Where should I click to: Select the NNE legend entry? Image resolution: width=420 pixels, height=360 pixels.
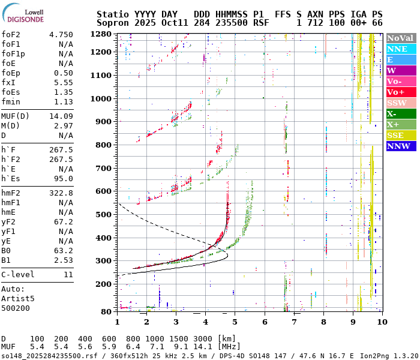pyautogui.click(x=401, y=49)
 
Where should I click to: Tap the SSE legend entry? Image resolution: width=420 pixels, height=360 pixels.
pyautogui.click(x=401, y=135)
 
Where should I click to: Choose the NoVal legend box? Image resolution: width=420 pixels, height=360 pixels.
pyautogui.click(x=401, y=38)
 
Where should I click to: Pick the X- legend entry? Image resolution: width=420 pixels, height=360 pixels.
pyautogui.click(x=401, y=113)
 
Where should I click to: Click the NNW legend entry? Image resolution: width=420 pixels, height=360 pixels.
pyautogui.click(x=401, y=146)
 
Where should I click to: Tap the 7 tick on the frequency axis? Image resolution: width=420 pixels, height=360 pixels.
pyautogui.click(x=294, y=322)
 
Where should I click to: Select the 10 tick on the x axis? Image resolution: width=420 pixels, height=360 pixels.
pyautogui.click(x=380, y=322)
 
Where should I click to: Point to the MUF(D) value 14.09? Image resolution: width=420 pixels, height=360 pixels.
pyautogui.click(x=61, y=116)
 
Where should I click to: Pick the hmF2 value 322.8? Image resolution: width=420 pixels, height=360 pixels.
pyautogui.click(x=61, y=193)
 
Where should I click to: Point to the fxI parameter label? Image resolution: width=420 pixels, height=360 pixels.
pyautogui.click(x=8, y=82)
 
